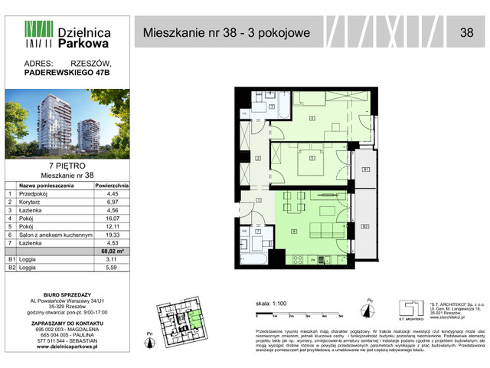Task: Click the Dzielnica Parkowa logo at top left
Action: point(67,33)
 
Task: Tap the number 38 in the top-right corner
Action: point(466,32)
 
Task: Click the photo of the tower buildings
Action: point(67,123)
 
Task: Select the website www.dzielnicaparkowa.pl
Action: point(67,347)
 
